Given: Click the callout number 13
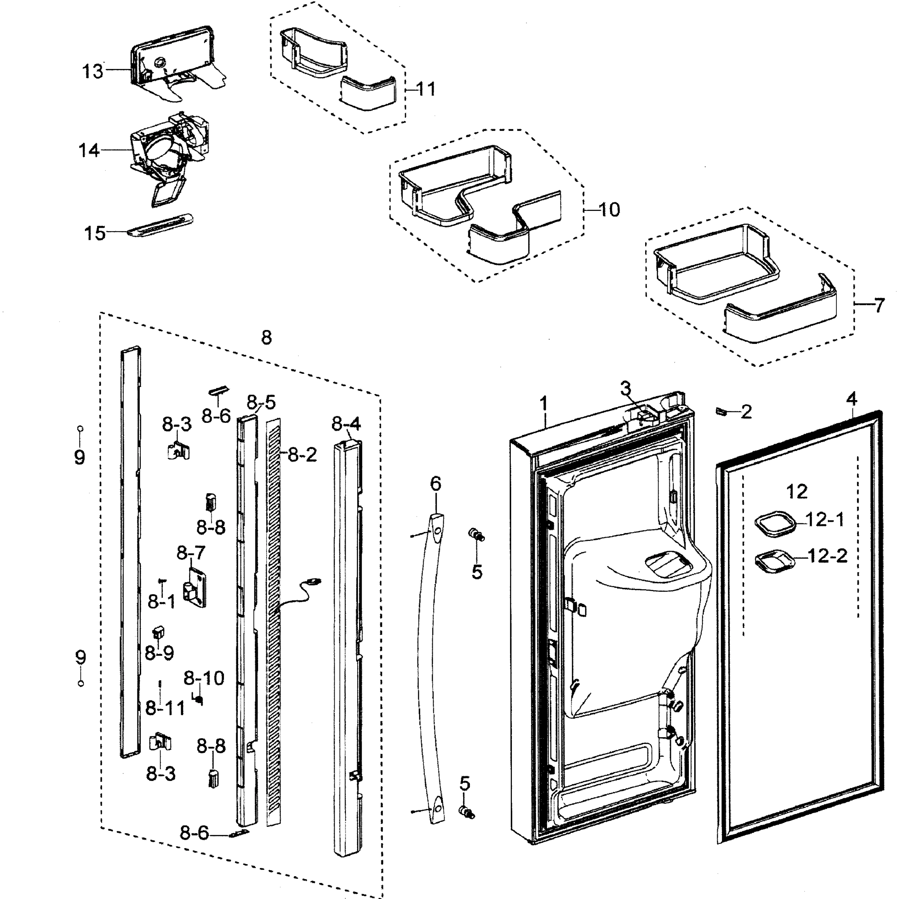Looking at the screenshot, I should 92,72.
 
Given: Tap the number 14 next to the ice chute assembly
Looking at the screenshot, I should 88,151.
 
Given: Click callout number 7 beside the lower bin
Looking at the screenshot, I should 879,306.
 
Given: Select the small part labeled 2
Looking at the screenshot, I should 721,411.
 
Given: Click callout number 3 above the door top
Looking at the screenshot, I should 626,388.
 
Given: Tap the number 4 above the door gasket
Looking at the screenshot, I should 851,399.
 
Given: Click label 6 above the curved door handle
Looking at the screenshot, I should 435,483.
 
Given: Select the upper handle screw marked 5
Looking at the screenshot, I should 477,534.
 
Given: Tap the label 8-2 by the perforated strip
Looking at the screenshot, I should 302,454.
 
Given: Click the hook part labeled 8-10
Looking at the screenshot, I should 198,700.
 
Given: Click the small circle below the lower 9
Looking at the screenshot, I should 81,683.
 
